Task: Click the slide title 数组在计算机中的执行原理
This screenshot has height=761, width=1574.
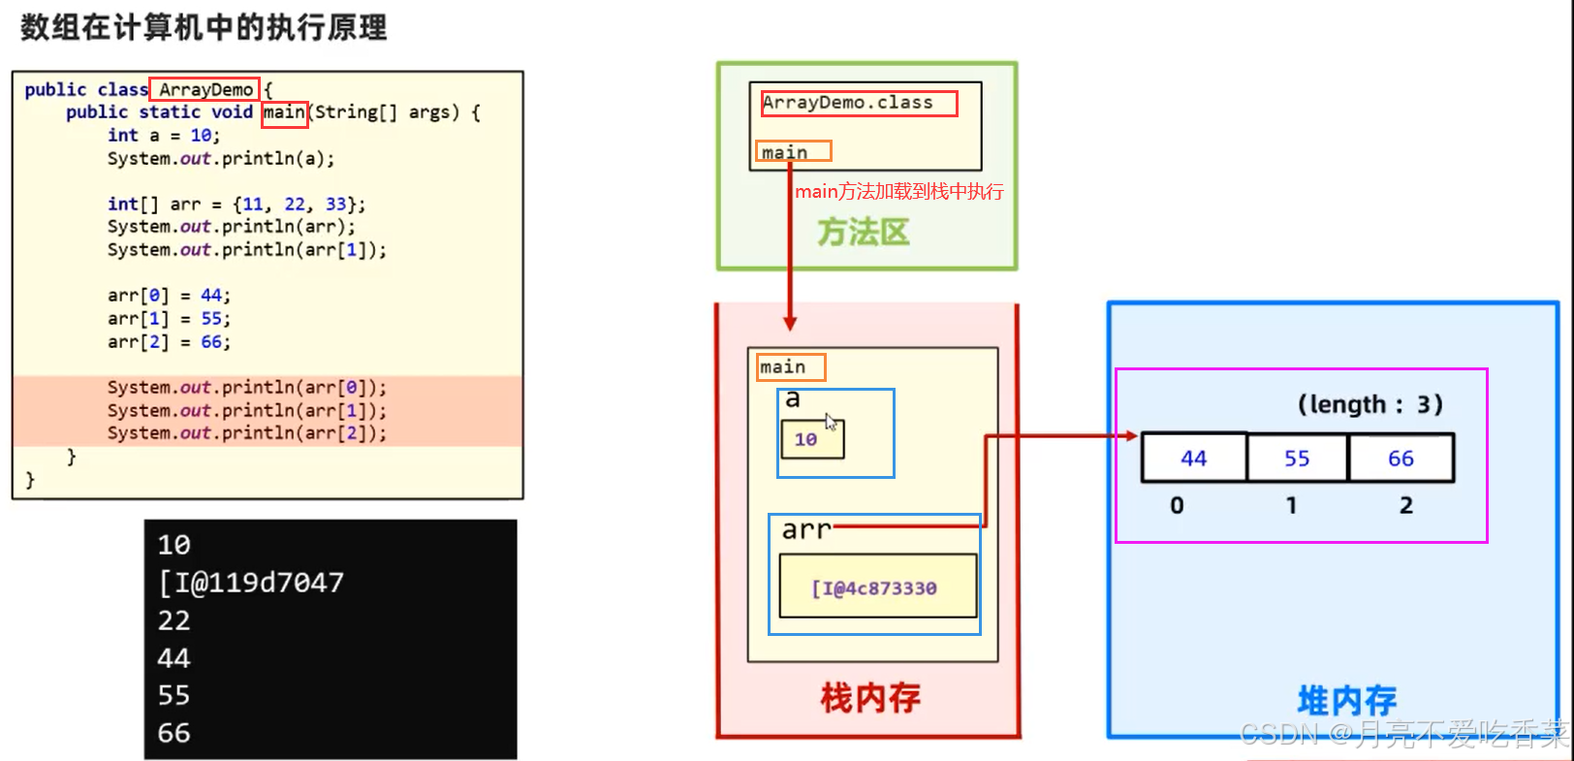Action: point(204,27)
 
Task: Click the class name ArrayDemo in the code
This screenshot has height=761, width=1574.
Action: point(205,90)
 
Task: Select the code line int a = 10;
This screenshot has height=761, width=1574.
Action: point(164,136)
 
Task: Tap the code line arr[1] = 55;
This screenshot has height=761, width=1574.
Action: point(169,319)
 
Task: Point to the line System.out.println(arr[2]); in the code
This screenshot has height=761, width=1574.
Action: point(246,433)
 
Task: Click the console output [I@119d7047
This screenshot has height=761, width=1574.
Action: point(251,583)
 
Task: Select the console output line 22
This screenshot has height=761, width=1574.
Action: point(174,620)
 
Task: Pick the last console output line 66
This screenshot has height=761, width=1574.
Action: point(174,733)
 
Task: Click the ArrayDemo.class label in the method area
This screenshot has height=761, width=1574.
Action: point(847,103)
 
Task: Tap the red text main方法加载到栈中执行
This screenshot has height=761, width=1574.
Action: point(898,191)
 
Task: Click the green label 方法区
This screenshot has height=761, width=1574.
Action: point(863,233)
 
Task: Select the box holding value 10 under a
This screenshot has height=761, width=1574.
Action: point(812,439)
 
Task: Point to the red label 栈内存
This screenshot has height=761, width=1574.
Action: point(870,697)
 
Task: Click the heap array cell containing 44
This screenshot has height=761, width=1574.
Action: point(1194,459)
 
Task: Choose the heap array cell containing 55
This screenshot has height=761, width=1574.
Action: point(1297,459)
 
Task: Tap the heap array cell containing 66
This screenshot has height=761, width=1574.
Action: point(1401,459)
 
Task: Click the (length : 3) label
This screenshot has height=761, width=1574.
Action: point(1369,404)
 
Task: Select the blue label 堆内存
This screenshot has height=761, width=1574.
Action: point(1346,700)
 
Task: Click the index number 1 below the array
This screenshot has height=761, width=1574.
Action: point(1291,505)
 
